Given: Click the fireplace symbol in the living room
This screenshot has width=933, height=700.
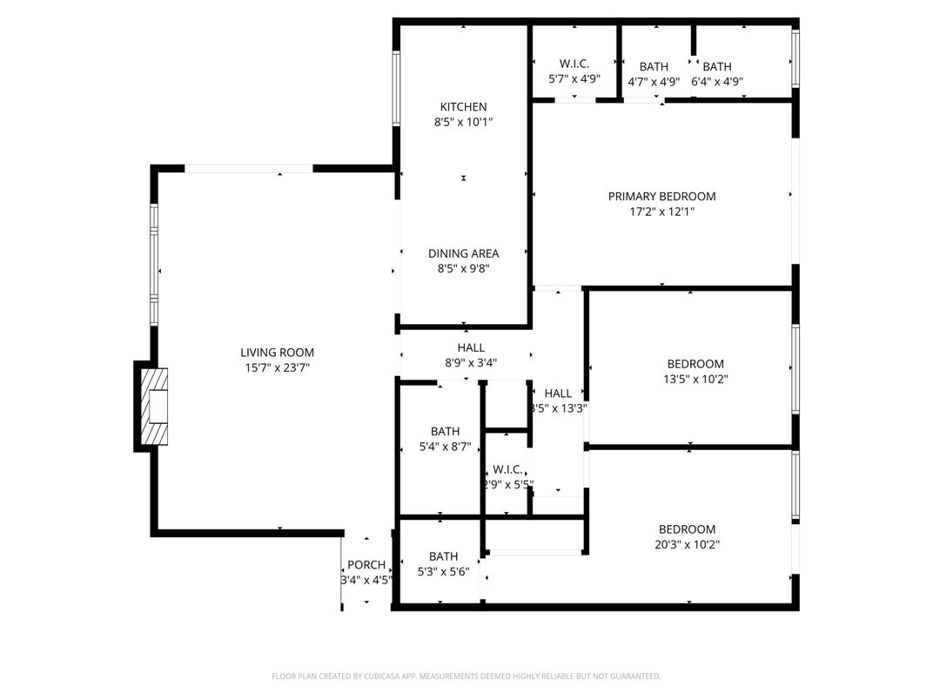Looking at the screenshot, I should pyautogui.click(x=155, y=406).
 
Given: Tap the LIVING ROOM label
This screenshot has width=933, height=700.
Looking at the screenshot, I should pyautogui.click(x=277, y=353).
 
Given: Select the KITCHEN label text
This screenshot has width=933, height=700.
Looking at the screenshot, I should pyautogui.click(x=463, y=107).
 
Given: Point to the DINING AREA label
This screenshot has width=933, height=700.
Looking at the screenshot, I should pyautogui.click(x=463, y=253).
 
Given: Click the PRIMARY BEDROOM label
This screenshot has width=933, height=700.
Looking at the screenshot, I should pyautogui.click(x=661, y=196).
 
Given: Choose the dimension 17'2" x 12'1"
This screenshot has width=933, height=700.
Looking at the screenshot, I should pyautogui.click(x=661, y=212).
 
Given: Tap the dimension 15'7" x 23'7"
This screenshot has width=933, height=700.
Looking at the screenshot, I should pyautogui.click(x=277, y=368).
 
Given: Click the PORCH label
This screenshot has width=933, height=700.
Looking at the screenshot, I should pyautogui.click(x=366, y=565).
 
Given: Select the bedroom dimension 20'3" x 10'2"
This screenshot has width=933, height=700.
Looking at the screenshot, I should pyautogui.click(x=687, y=545).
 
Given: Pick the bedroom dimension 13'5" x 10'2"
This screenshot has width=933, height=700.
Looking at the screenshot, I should pyautogui.click(x=695, y=380).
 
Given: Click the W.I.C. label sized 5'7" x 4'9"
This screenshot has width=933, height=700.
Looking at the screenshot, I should pyautogui.click(x=574, y=64).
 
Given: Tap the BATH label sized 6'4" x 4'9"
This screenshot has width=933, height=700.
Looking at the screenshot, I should pyautogui.click(x=717, y=67).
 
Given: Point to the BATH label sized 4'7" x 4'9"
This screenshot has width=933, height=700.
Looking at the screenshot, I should pyautogui.click(x=654, y=67).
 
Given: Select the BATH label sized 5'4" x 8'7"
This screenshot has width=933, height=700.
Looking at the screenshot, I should pyautogui.click(x=445, y=431).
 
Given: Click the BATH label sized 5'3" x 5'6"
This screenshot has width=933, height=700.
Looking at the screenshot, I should pyautogui.click(x=443, y=556).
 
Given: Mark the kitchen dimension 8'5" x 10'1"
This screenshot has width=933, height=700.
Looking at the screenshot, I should pyautogui.click(x=463, y=123).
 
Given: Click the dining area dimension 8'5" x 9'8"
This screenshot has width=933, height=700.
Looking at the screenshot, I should pyautogui.click(x=463, y=269).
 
